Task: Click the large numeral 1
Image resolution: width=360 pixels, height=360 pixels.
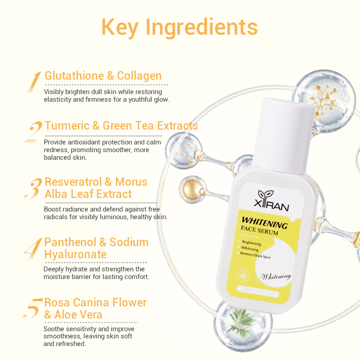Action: click(x=33, y=82)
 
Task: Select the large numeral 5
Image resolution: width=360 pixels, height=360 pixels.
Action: click(x=33, y=308)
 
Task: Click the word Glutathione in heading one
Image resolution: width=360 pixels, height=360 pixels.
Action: click(x=74, y=76)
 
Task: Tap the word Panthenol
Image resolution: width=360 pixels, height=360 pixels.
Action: click(x=69, y=242)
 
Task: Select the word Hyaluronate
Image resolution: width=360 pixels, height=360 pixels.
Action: click(x=75, y=254)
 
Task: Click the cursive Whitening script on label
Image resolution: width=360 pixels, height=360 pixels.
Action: click(x=276, y=276)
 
